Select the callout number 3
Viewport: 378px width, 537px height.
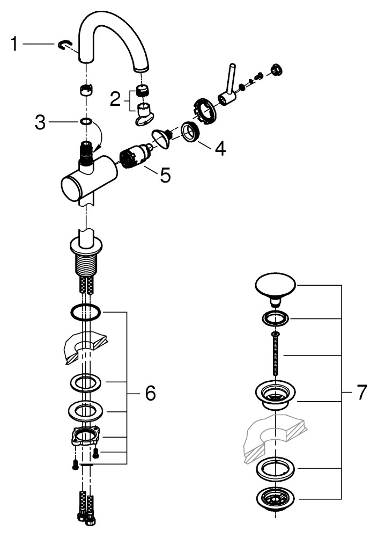pyautogui.click(x=40, y=123)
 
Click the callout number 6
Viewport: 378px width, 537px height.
pyautogui.click(x=150, y=394)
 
